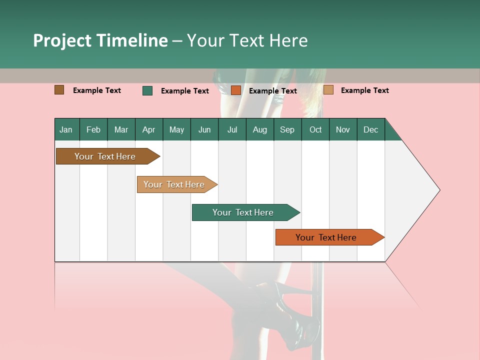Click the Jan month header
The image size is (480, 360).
[66, 129]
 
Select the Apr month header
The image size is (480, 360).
[148, 129]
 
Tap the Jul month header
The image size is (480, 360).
[232, 129]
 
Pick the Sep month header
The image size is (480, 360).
[287, 129]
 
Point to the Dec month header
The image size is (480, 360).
[370, 129]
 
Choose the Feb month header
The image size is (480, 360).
[93, 129]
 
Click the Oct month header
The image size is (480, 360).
[315, 129]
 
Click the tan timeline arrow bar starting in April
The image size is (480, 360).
[175, 184]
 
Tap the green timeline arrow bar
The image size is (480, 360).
[244, 212]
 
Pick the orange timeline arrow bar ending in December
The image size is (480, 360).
[327, 237]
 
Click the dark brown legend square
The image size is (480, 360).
[59, 90]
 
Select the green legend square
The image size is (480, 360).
[147, 90]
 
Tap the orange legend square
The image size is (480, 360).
[236, 90]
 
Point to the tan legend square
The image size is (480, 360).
[328, 90]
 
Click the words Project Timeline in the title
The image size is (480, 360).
[100, 40]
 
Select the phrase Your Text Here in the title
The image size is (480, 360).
[247, 40]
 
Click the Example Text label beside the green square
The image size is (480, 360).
[184, 90]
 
